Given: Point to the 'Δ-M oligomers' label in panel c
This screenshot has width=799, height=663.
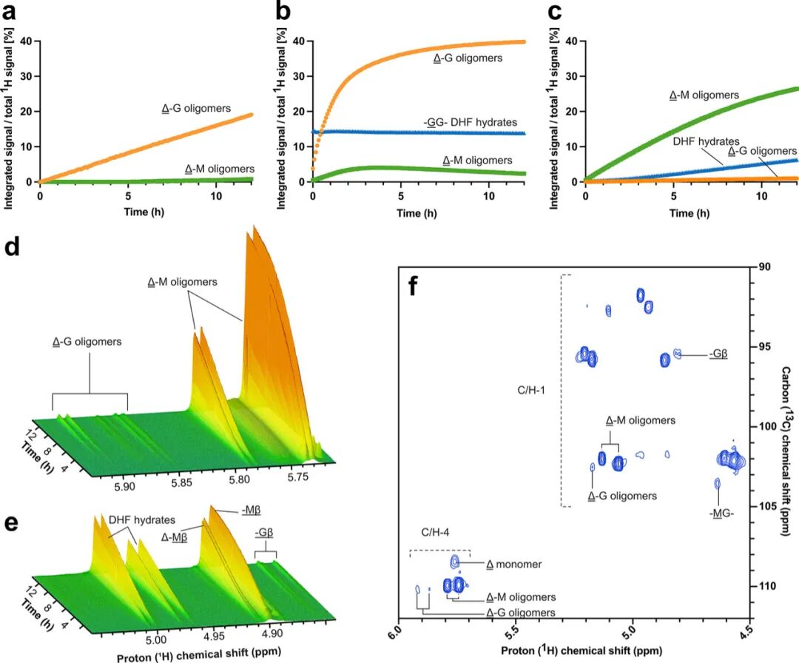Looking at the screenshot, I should tap(703, 95).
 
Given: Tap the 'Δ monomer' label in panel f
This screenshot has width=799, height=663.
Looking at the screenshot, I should tap(514, 564).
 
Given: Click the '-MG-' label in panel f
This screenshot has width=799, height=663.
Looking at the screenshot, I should tap(718, 512).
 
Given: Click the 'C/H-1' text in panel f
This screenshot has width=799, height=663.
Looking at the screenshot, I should tap(531, 388).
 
